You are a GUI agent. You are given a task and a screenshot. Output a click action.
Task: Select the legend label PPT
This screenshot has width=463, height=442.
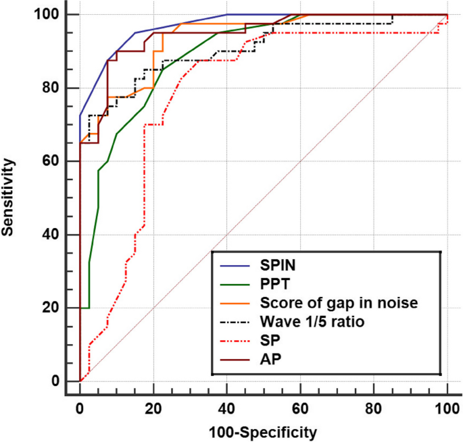point(274,284)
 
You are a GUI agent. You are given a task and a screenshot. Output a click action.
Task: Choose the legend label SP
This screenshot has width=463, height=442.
point(269,341)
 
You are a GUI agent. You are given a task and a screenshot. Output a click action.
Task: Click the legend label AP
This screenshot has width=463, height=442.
point(269,360)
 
